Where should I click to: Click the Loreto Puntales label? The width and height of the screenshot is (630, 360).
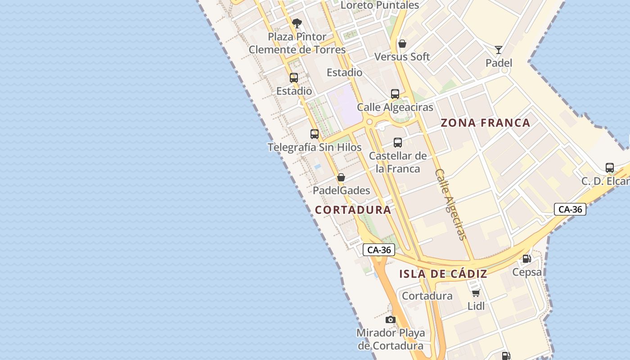click(x=380, y=5)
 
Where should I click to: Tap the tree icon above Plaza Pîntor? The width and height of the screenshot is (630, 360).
click(x=297, y=23)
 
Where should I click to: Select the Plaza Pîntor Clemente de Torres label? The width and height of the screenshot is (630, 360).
click(x=297, y=43)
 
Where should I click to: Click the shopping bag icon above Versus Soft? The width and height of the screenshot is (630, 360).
click(x=402, y=44)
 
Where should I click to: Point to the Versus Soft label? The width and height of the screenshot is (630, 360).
click(x=402, y=57)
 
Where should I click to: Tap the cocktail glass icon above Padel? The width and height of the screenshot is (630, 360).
click(x=499, y=49)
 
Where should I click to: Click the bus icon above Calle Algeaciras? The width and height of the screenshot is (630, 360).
click(x=395, y=94)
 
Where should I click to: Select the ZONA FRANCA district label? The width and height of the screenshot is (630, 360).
click(x=486, y=123)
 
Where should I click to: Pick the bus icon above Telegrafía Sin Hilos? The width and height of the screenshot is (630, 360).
click(x=315, y=134)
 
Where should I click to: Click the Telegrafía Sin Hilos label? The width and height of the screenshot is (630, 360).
click(x=315, y=147)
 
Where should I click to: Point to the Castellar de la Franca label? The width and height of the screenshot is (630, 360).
click(x=398, y=162)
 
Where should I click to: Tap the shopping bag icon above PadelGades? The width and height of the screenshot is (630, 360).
click(x=341, y=177)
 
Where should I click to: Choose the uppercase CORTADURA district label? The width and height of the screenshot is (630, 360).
click(x=353, y=210)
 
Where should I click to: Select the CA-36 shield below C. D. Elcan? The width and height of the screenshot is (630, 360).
click(x=570, y=209)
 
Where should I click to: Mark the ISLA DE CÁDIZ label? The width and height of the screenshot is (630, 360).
click(x=443, y=274)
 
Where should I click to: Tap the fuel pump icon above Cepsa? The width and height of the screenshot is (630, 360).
click(x=526, y=259)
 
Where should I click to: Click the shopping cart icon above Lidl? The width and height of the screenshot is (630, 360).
click(x=476, y=293)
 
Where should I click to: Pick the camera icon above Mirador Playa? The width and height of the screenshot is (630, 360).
click(x=391, y=319)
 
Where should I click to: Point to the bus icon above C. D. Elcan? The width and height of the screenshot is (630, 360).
click(x=610, y=168)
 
